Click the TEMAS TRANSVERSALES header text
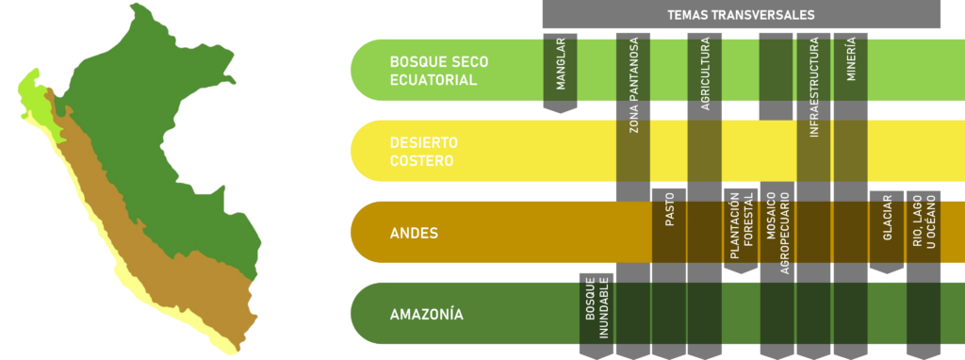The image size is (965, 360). click(x=741, y=15)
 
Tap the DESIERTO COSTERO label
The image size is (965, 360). click(x=424, y=152)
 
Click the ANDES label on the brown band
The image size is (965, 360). click(x=415, y=233)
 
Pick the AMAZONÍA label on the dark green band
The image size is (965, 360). click(x=427, y=314)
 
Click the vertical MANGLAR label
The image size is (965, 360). click(x=560, y=64)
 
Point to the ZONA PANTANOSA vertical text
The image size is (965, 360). click(x=633, y=86)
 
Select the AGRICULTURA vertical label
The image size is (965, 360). click(x=705, y=74)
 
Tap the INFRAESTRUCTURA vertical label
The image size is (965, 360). click(x=813, y=87)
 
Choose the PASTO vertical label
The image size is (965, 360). click(x=670, y=211)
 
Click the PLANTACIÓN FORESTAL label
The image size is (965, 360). click(x=741, y=227)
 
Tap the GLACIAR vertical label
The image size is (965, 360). click(x=887, y=218)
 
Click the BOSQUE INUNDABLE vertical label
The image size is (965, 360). click(x=597, y=307)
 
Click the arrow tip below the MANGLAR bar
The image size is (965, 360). click(x=560, y=113)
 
